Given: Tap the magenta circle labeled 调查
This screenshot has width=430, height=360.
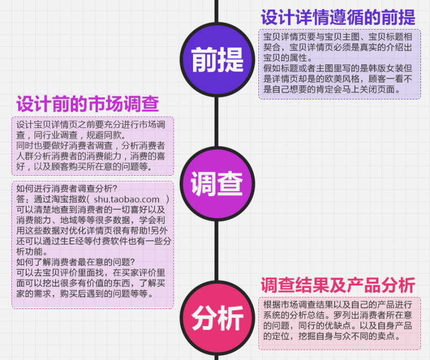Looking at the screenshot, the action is point(217,183).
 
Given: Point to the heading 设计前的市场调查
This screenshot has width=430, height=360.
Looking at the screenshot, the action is point(87,103).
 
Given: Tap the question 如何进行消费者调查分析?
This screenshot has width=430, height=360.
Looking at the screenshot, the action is point(67,189).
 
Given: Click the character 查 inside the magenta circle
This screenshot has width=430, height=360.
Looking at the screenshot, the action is point(230,183).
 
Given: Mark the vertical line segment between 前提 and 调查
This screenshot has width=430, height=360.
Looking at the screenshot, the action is point(217,121).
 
